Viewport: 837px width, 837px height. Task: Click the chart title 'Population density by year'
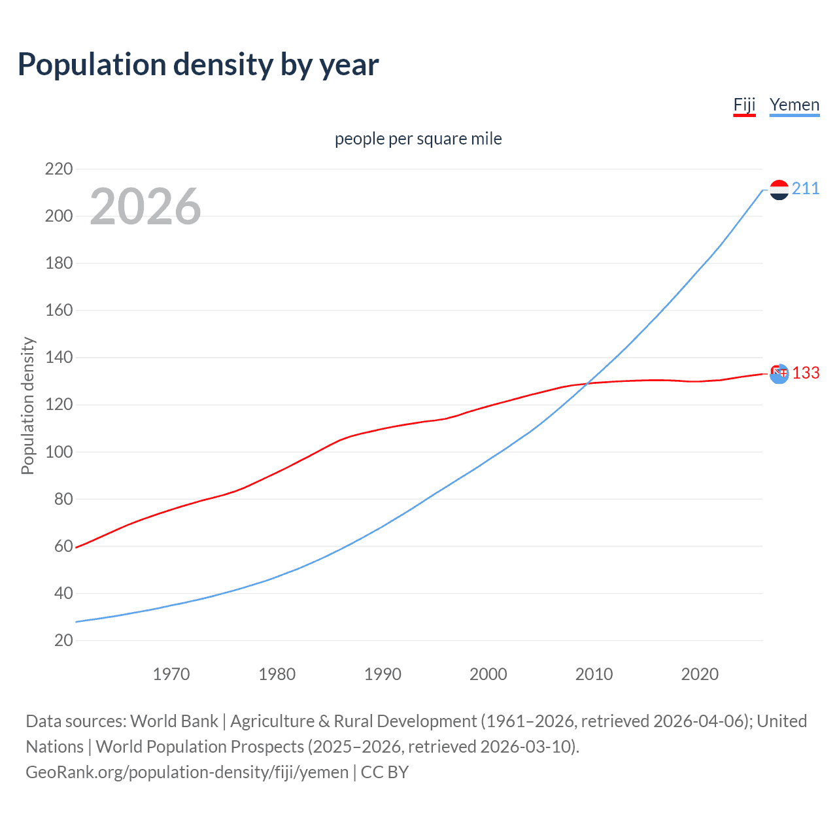coord(198,65)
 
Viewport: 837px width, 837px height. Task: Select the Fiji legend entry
coord(744,105)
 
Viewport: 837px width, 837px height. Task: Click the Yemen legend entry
coord(794,105)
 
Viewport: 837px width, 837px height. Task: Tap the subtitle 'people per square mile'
coord(418,139)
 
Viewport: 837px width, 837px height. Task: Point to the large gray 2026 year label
coord(145,207)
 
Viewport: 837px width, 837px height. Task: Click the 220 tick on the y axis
coord(59,169)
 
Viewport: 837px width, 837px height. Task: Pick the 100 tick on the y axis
coord(59,452)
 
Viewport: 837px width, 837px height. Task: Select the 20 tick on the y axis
coord(63,640)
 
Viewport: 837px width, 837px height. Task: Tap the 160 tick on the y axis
coord(59,311)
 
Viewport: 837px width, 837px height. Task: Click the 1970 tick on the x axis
coord(171,674)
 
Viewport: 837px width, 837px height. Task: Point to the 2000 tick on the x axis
coord(488,674)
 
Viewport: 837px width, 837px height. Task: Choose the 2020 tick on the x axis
coord(700,674)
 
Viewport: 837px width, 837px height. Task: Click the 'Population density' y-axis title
coord(27,405)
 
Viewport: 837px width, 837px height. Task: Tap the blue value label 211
coord(806,189)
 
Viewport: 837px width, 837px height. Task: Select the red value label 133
coord(806,373)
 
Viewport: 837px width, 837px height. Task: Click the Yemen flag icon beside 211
coord(779,190)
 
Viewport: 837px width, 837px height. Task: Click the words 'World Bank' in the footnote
coord(174,721)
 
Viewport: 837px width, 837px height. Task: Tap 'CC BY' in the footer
coord(384,772)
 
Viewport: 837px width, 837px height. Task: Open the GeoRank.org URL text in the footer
coord(187,772)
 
